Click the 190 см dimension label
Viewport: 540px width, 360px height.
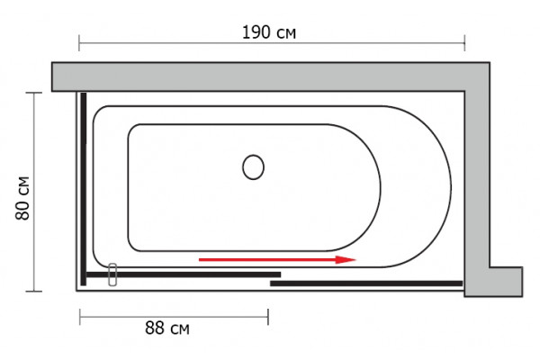pos(269,32)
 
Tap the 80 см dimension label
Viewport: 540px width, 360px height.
pos(22,198)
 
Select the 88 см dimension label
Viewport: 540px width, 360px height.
pos(167,328)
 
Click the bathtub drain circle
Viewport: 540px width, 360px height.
pos(253,167)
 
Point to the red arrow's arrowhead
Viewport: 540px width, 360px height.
pos(346,259)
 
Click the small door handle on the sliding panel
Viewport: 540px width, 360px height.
pos(112,274)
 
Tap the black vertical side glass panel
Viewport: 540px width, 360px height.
pos(84,189)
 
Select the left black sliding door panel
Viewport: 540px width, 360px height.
pos(184,274)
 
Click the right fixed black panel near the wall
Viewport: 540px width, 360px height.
pos(366,283)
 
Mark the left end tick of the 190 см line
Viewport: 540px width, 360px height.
pos(79,43)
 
